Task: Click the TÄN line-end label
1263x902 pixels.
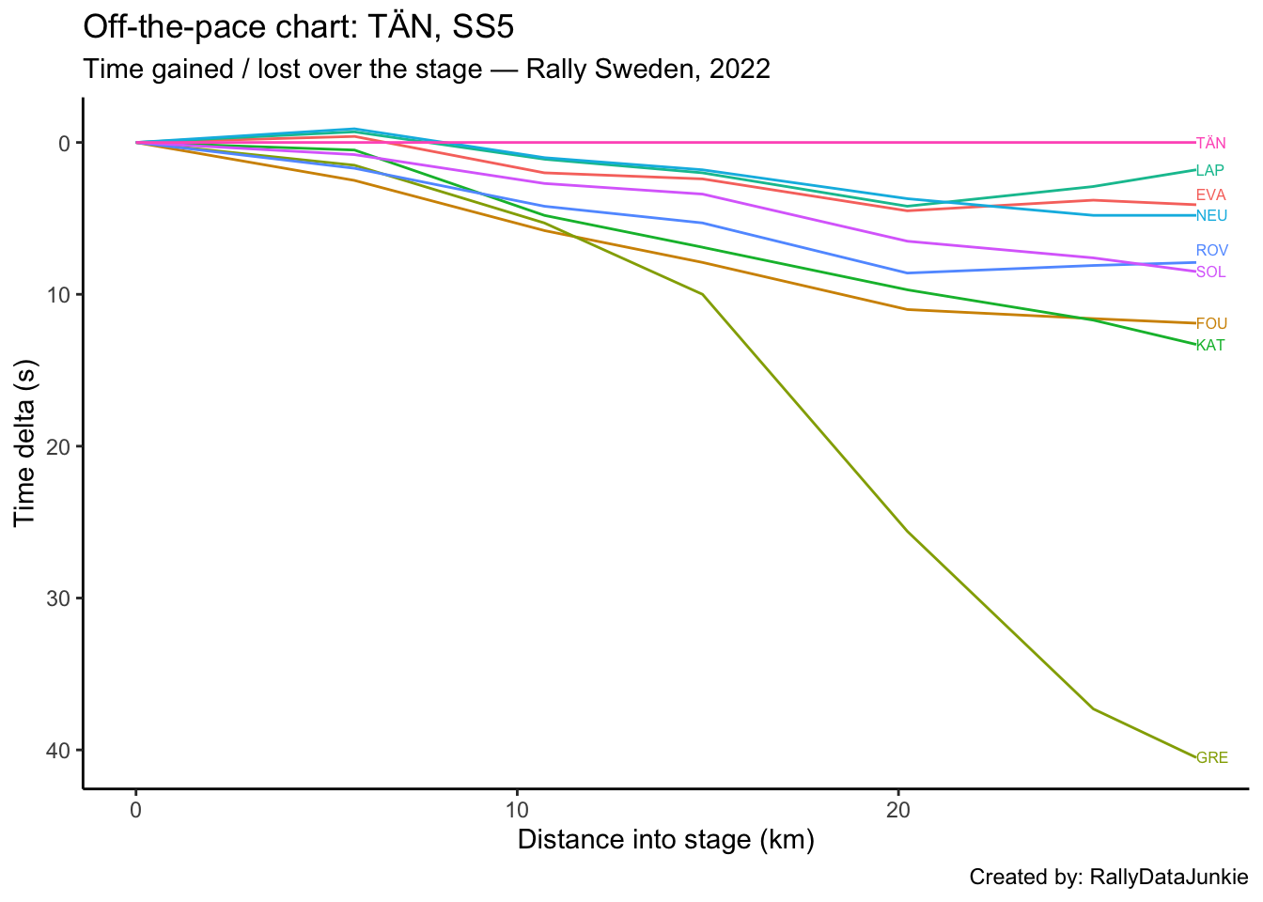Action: tap(1211, 144)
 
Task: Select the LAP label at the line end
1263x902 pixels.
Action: tap(1210, 171)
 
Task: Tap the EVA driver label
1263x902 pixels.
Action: tap(1211, 195)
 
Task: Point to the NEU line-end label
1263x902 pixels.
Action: tap(1212, 216)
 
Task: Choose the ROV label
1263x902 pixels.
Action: tap(1212, 251)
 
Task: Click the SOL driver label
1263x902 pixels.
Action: tap(1211, 272)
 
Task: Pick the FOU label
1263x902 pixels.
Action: tap(1212, 324)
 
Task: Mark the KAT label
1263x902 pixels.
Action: tap(1211, 346)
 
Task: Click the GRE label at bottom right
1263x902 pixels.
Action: tap(1212, 758)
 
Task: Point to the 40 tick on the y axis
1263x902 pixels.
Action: tap(57, 750)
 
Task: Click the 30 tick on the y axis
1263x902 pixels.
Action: tap(57, 599)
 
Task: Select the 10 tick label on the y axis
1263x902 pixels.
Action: tap(57, 295)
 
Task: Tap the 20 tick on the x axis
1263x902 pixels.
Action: tap(898, 810)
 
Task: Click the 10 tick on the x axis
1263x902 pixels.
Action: tap(517, 810)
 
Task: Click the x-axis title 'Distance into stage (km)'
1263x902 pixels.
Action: tap(665, 839)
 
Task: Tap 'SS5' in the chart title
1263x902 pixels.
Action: tap(483, 27)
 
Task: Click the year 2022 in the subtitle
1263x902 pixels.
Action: tap(740, 70)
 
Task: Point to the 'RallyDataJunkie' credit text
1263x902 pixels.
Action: tap(1168, 878)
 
